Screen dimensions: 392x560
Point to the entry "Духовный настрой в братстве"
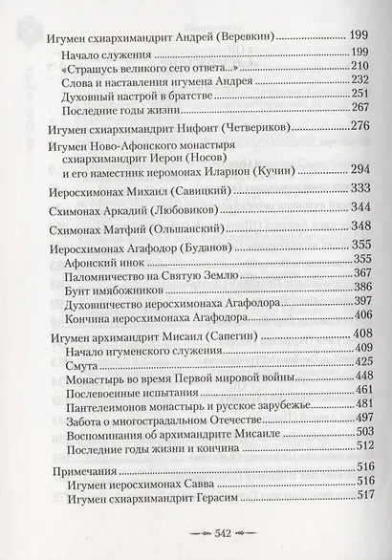tap(135, 95)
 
